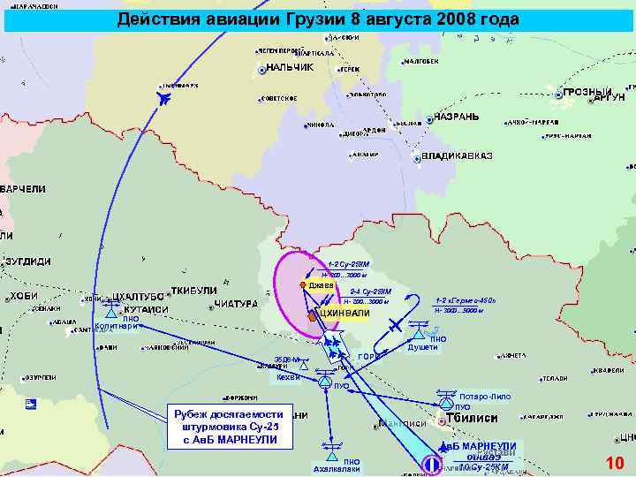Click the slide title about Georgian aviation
(318, 19)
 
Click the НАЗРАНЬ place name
(457, 117)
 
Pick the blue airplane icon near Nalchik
(163, 96)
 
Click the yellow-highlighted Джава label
(321, 285)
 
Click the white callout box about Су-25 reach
(228, 427)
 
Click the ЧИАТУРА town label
(233, 304)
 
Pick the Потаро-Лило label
(485, 396)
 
